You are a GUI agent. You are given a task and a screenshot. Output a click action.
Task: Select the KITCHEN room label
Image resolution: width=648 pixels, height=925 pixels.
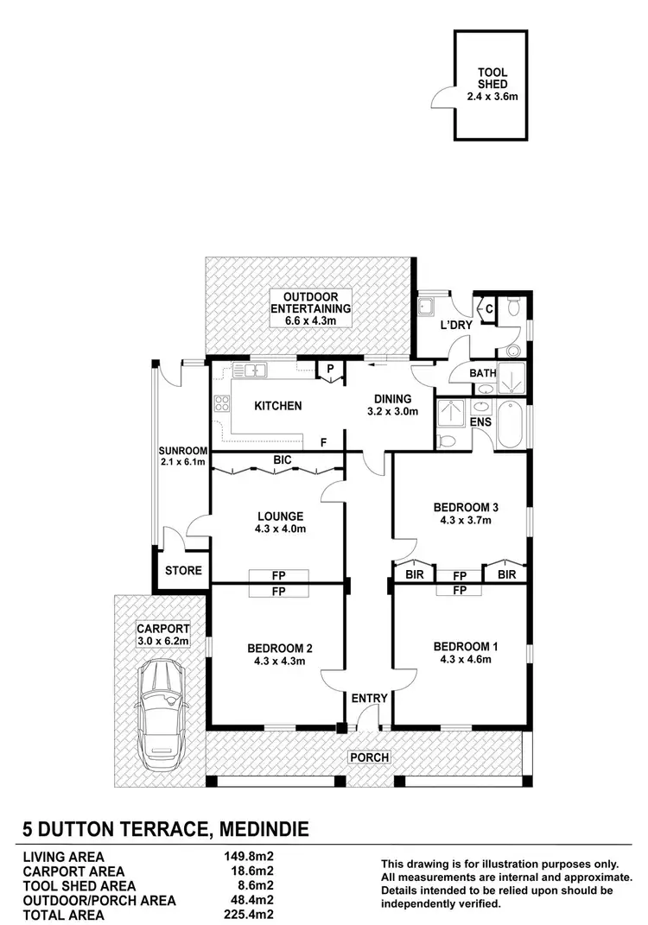click(x=276, y=405)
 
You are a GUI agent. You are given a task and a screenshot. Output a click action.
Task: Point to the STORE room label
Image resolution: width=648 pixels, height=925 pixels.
click(x=183, y=570)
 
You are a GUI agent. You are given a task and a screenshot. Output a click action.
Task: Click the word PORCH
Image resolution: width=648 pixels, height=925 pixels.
click(x=368, y=757)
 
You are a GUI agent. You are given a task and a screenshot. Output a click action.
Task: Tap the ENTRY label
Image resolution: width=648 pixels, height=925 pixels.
click(x=369, y=698)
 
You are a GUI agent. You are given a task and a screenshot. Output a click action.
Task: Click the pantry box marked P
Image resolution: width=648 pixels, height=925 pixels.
click(x=330, y=369)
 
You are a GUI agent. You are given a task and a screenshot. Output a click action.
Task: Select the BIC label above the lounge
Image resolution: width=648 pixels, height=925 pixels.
click(x=282, y=462)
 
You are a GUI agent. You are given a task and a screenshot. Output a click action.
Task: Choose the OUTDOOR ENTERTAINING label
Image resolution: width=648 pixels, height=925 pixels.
click(x=310, y=307)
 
